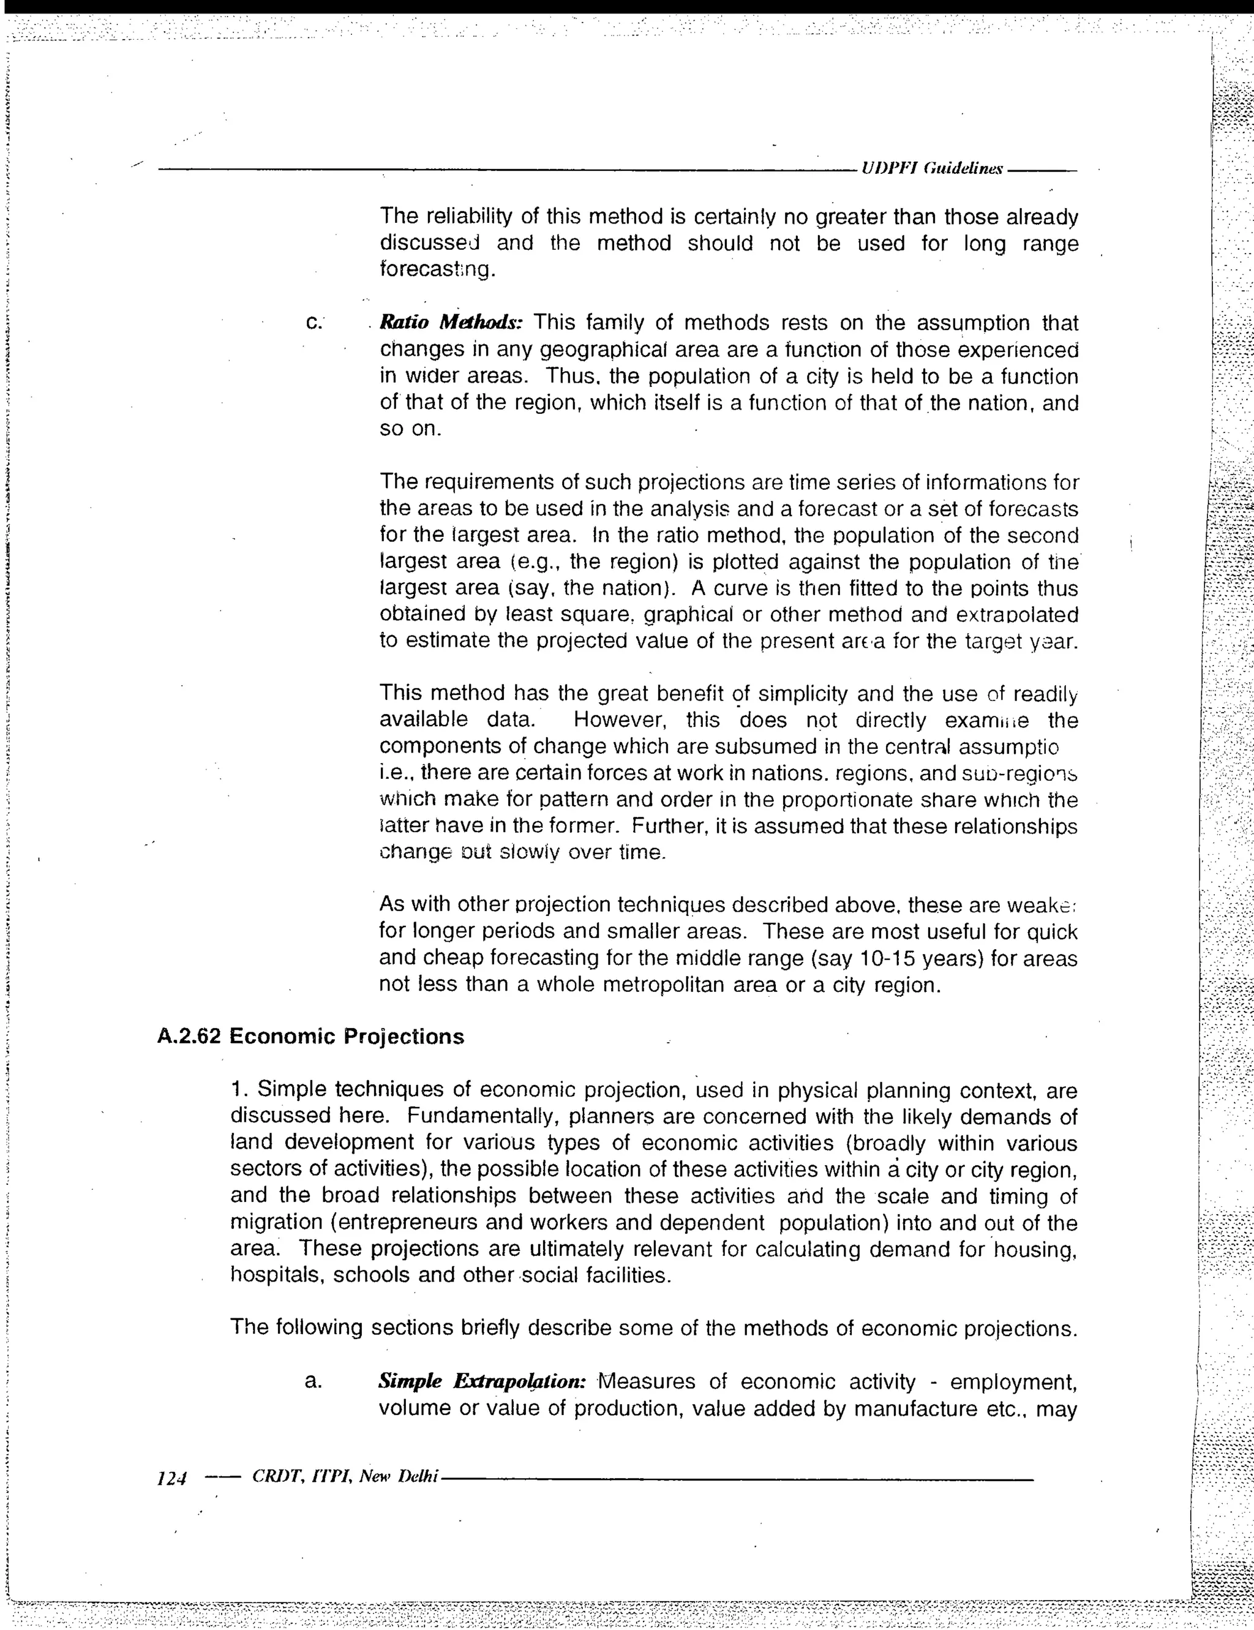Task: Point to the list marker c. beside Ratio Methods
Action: (313, 323)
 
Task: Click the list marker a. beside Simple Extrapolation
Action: (313, 1381)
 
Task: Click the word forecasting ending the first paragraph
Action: (437, 269)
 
